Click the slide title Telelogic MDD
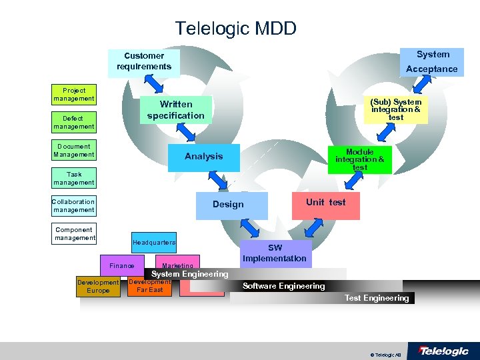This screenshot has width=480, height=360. click(x=235, y=29)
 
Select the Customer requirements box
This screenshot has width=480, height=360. click(x=144, y=61)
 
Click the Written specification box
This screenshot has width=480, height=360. click(x=176, y=110)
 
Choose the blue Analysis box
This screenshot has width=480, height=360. click(x=203, y=157)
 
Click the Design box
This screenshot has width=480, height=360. click(x=228, y=205)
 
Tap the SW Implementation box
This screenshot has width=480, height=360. click(x=275, y=253)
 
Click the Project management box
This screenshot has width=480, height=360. click(x=74, y=95)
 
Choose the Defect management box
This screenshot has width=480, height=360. click(x=74, y=123)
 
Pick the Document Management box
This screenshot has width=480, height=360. click(x=74, y=151)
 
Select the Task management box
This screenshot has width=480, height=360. click(x=74, y=179)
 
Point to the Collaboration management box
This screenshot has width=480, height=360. click(x=74, y=206)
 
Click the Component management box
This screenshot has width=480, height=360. click(x=74, y=234)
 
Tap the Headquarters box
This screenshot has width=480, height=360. click(x=154, y=243)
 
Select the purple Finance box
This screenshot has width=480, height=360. click(x=121, y=266)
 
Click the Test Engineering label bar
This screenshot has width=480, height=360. click(x=377, y=298)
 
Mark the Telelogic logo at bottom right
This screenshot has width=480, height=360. click(x=443, y=351)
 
